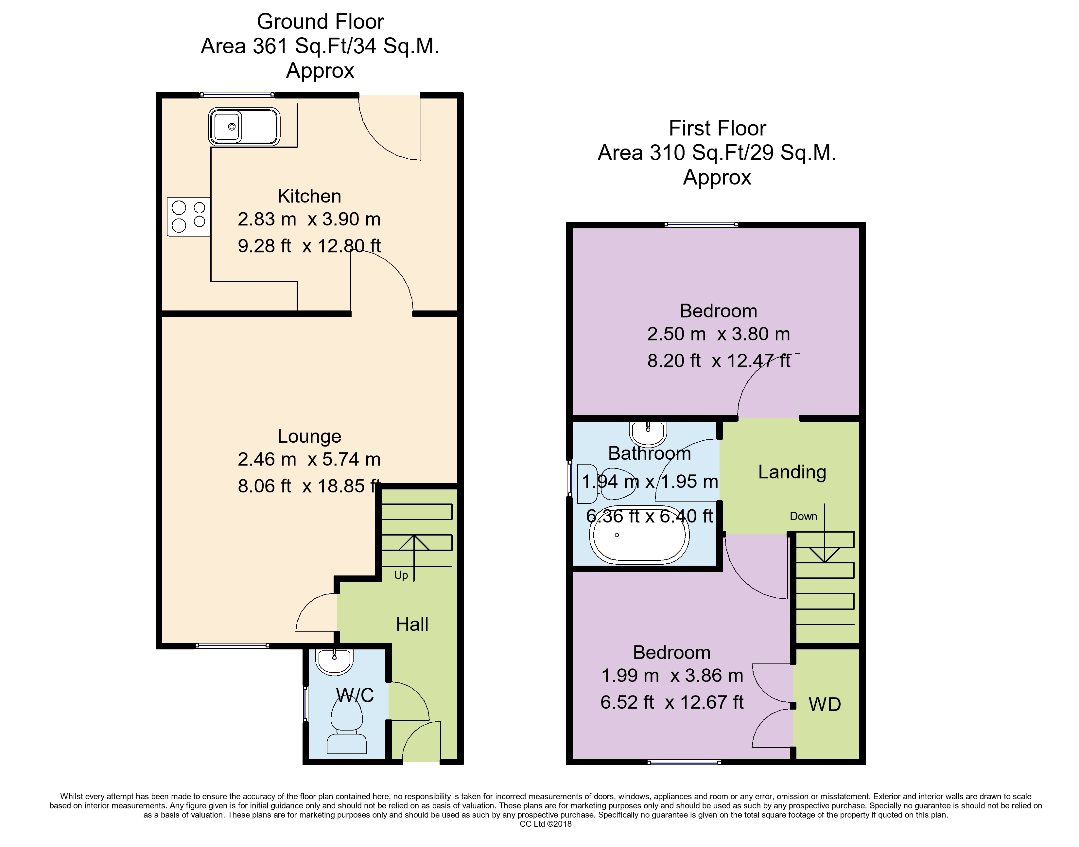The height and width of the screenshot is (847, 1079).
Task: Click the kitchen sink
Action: click(x=244, y=127)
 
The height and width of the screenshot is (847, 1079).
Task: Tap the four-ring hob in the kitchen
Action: click(x=189, y=217)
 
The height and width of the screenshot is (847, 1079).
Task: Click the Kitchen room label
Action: click(x=309, y=196)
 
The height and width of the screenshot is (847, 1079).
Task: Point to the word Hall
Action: click(x=412, y=624)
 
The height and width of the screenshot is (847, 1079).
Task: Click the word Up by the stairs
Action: click(x=401, y=575)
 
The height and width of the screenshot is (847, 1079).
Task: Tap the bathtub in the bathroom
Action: click(x=638, y=539)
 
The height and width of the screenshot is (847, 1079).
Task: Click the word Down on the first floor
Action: click(x=803, y=516)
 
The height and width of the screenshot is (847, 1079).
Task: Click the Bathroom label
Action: click(x=649, y=453)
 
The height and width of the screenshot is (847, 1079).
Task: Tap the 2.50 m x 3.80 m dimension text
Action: click(x=718, y=334)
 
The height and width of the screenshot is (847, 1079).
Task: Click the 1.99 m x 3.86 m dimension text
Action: click(x=672, y=676)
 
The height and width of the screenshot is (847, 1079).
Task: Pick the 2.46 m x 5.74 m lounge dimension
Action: click(x=309, y=459)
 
